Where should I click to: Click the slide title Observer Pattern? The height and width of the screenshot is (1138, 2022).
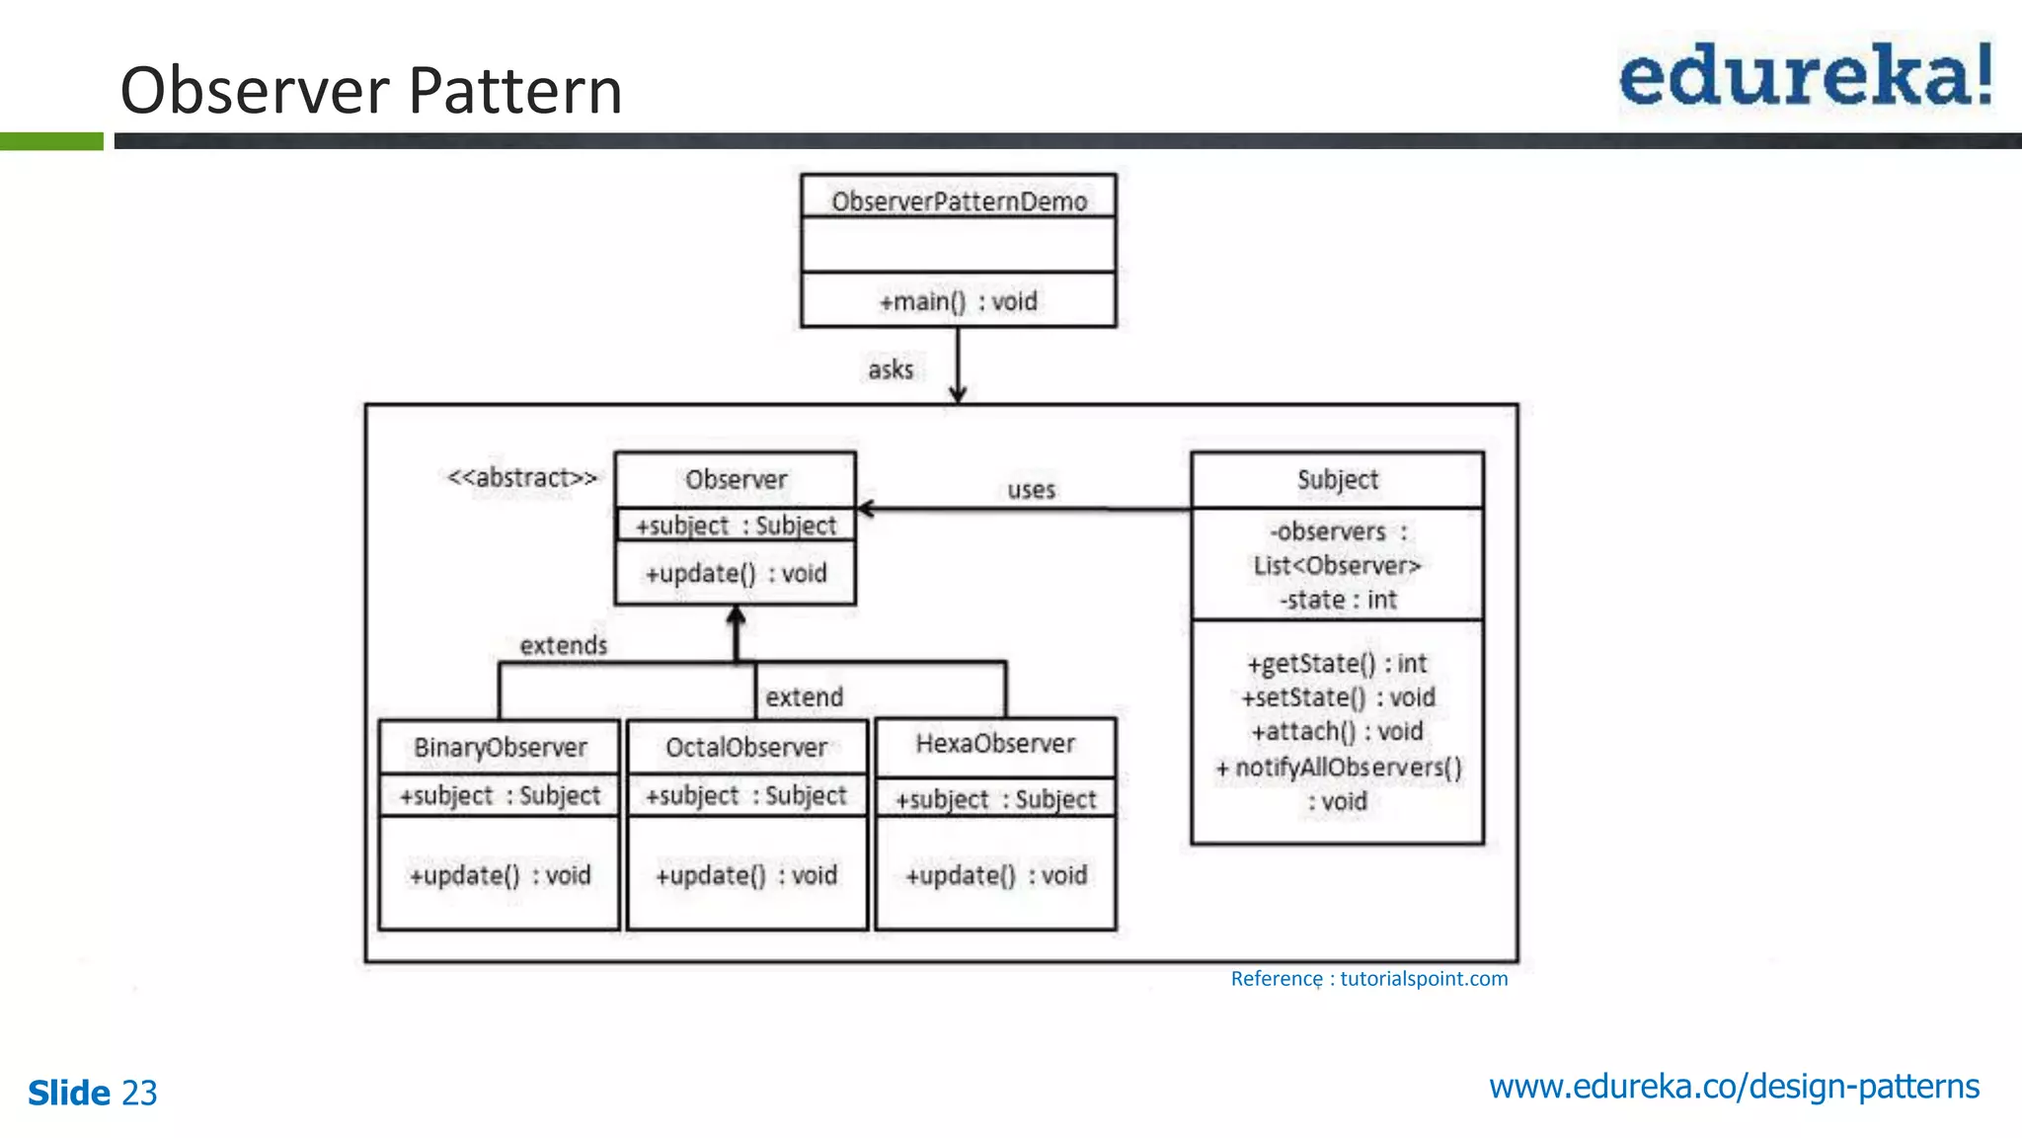(x=371, y=90)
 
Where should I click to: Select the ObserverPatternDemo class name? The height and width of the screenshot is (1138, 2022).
(x=959, y=202)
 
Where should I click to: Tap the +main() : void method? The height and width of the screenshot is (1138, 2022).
(x=959, y=301)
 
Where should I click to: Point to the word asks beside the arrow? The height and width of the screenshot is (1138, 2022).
(x=891, y=369)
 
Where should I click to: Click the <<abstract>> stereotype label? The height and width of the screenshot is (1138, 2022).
(x=522, y=478)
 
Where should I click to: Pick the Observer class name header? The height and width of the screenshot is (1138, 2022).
(x=736, y=480)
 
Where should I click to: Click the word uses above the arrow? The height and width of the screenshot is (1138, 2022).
(x=1031, y=490)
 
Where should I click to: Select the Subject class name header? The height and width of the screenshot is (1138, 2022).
(x=1337, y=480)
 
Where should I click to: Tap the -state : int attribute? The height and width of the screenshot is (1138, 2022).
(x=1338, y=600)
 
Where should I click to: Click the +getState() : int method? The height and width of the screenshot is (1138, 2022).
(x=1338, y=664)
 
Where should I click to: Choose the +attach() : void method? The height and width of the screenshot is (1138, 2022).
(x=1338, y=732)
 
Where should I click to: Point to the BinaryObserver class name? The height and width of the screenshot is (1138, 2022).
(x=501, y=748)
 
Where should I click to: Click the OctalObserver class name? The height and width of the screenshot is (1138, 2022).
(x=746, y=748)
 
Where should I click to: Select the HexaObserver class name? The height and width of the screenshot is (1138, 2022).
(x=995, y=744)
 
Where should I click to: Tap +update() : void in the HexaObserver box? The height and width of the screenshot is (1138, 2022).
(x=996, y=875)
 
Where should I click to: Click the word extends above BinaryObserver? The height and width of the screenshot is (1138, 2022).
(x=564, y=646)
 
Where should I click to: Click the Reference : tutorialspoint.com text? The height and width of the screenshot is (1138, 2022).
(x=1368, y=979)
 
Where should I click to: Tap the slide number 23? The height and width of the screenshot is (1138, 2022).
(x=139, y=1094)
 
